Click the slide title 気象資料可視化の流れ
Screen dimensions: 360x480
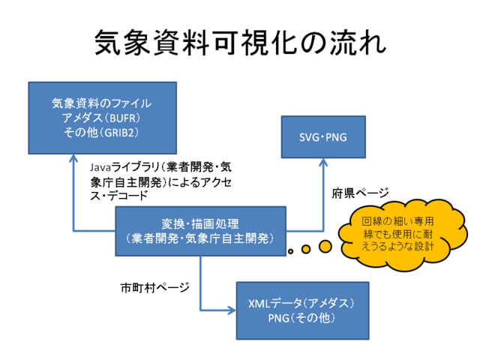(240, 44)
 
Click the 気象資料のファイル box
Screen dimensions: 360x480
(103, 118)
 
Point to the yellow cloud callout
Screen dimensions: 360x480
(397, 228)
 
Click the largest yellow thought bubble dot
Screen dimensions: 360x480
(325, 245)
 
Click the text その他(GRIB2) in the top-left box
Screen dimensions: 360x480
(103, 132)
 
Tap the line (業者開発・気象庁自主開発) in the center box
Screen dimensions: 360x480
(200, 238)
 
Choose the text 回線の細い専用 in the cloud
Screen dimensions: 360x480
(399, 220)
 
